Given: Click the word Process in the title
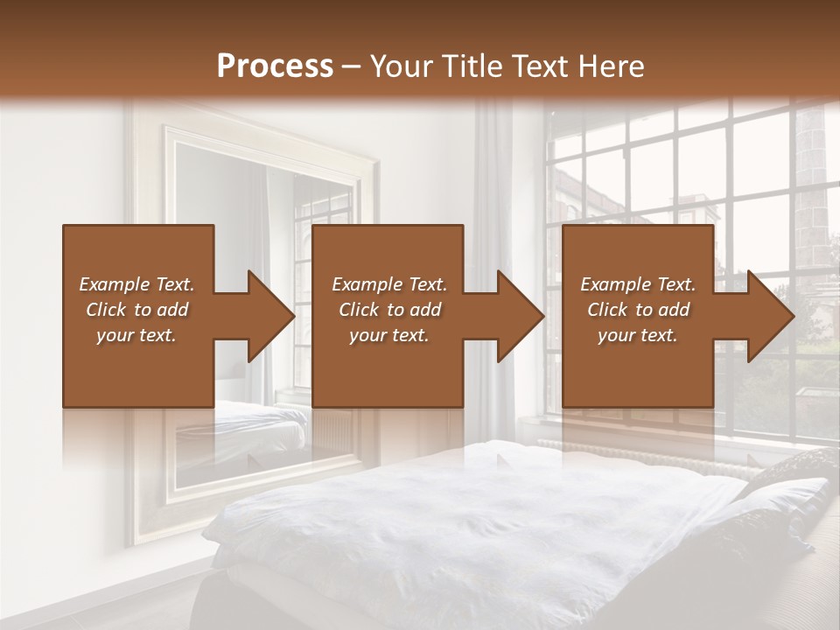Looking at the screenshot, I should click(275, 66).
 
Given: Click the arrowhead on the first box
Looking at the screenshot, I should click(267, 316).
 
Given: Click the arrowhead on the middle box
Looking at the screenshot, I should click(516, 316).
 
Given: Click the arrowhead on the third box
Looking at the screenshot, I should click(766, 316).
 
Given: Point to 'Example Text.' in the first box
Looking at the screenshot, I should click(136, 284).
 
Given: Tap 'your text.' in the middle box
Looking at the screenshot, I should click(388, 335).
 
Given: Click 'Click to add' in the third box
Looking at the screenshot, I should click(638, 310).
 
